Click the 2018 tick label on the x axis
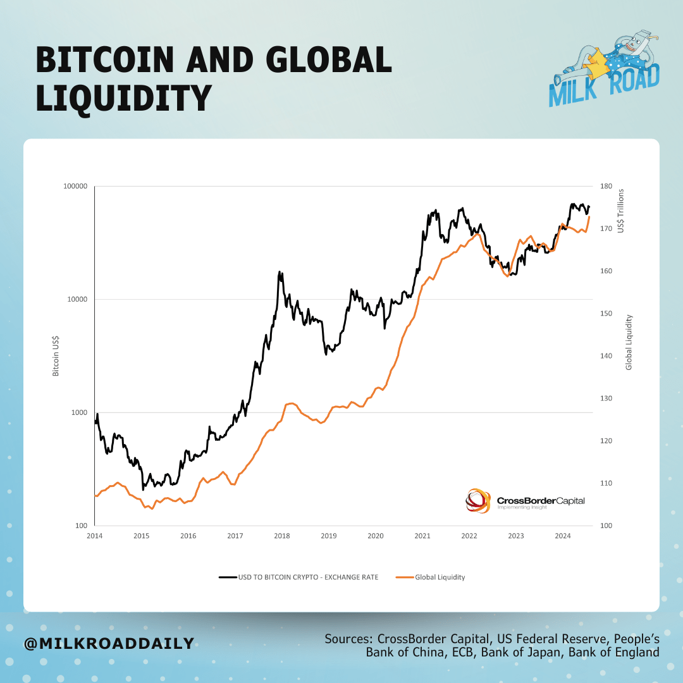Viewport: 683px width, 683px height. [281, 536]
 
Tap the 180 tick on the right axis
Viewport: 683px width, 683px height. [606, 187]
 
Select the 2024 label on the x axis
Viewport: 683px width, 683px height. [562, 536]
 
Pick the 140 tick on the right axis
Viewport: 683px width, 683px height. [606, 356]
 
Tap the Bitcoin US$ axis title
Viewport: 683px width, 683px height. [56, 356]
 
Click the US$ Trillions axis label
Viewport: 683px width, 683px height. [621, 210]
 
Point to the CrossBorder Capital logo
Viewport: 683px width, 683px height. [525, 500]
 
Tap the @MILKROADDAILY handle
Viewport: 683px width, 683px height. [109, 644]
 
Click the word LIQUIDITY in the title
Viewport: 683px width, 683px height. [123, 98]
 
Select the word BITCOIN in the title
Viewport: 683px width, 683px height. [104, 61]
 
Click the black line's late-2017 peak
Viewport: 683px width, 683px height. [280, 273]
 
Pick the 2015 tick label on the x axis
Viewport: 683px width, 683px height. [141, 536]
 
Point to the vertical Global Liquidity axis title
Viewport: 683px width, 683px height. [629, 342]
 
